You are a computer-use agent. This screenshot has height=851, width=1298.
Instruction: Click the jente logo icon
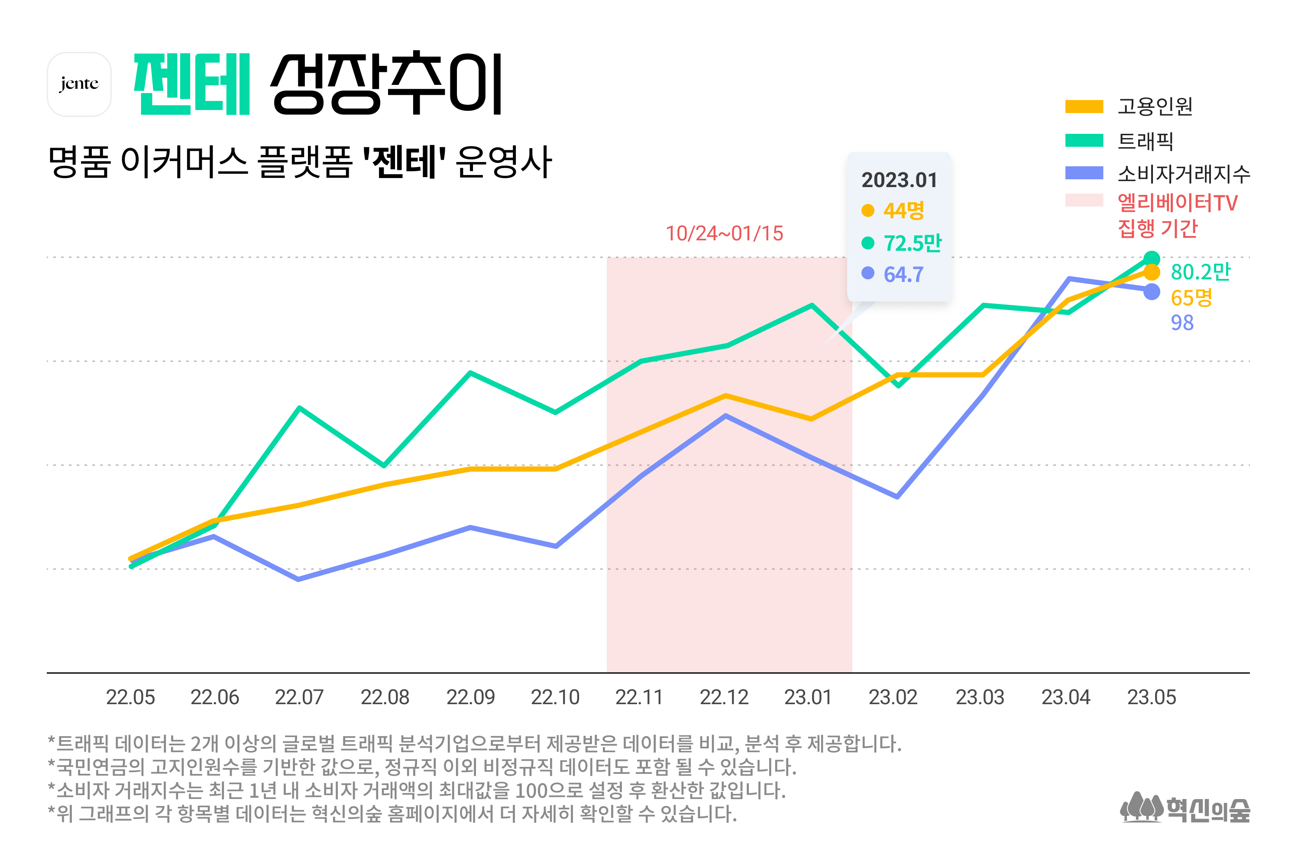click(80, 84)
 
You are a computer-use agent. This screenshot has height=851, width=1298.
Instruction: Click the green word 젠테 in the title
click(192, 84)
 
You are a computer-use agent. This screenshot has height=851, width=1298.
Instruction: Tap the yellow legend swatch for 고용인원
click(1084, 107)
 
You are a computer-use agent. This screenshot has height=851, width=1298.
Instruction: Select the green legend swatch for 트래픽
click(1084, 141)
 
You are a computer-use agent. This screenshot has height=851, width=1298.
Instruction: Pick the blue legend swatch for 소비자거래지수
click(1084, 173)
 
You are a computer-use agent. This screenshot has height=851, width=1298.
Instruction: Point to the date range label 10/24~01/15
click(724, 233)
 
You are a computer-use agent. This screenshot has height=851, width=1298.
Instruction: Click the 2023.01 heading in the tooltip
click(899, 181)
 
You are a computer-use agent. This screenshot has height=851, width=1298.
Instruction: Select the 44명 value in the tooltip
click(903, 210)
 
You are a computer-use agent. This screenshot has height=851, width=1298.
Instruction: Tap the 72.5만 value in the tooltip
click(912, 243)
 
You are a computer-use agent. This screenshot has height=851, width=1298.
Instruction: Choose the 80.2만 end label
click(1200, 272)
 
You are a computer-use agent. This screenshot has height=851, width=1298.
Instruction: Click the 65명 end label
click(1191, 298)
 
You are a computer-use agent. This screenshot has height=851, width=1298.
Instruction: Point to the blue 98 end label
click(1182, 323)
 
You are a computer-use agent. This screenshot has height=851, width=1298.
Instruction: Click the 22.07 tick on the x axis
click(299, 697)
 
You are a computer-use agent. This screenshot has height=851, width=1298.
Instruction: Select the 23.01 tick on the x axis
click(808, 697)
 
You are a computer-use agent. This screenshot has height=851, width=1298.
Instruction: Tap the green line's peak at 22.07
click(299, 408)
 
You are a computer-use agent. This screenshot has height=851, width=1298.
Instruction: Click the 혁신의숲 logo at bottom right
click(1185, 809)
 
